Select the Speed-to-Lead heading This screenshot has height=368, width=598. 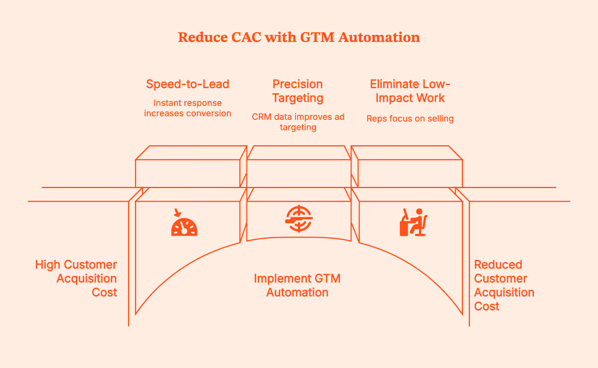(188, 84)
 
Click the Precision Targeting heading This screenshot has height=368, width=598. (298, 91)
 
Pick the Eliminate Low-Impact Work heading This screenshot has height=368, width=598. (410, 91)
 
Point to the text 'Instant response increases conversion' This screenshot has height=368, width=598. (188, 108)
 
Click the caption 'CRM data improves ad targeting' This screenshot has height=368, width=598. (298, 122)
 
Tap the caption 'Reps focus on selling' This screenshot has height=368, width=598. (410, 119)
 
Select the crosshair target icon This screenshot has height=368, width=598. (299, 219)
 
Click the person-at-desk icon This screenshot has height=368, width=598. (413, 223)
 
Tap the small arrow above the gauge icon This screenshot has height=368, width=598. (178, 213)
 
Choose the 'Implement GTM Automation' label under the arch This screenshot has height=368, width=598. (297, 286)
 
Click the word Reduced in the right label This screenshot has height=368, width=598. (498, 265)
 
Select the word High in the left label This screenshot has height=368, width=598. (47, 265)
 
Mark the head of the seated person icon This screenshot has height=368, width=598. (419, 212)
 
